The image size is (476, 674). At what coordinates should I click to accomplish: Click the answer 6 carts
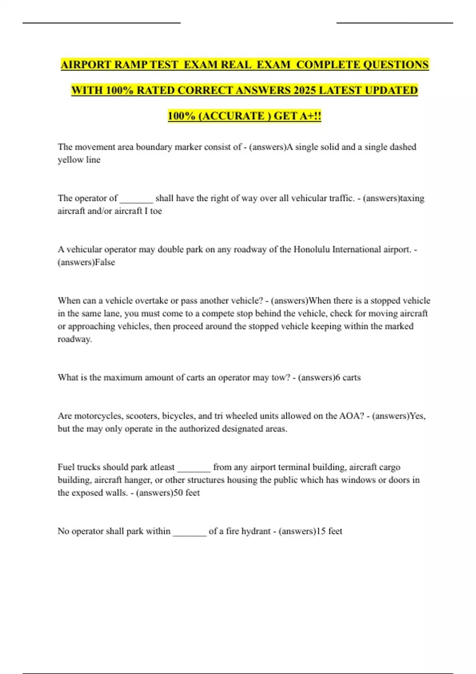click(348, 377)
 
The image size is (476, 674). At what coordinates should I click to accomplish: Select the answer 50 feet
click(187, 493)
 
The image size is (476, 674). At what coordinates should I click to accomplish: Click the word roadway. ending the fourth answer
click(75, 339)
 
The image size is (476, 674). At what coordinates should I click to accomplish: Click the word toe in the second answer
click(156, 211)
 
